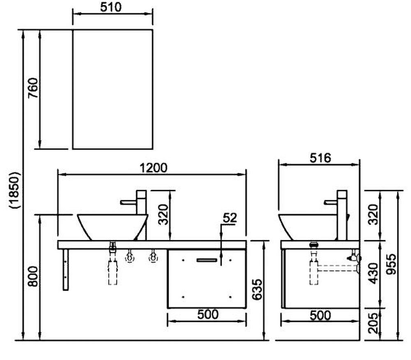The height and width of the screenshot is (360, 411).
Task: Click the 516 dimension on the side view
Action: pyautogui.click(x=320, y=158)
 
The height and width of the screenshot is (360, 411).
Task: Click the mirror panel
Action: pyautogui.click(x=113, y=89)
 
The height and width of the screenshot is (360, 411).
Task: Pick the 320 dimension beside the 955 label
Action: pyautogui.click(x=372, y=215)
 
